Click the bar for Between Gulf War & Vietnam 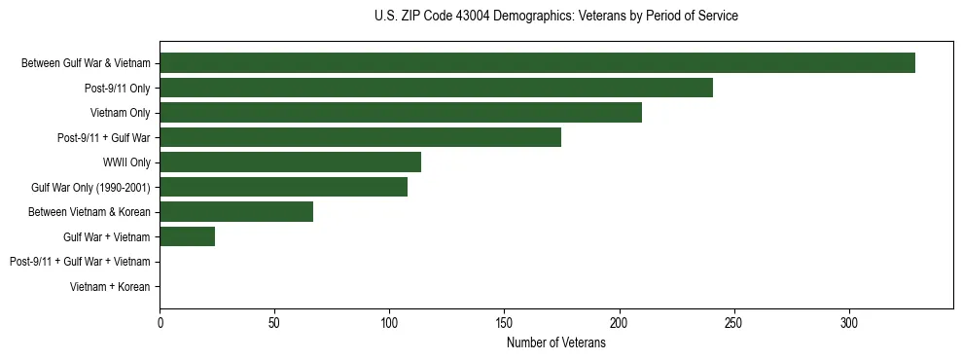[x=537, y=63]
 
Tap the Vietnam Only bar [x=401, y=113]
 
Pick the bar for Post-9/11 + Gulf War [x=360, y=137]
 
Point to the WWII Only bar [x=290, y=162]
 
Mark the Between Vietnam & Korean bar [x=236, y=212]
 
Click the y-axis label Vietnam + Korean [x=110, y=287]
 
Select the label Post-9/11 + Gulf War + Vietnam [x=80, y=262]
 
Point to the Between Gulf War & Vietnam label [x=86, y=63]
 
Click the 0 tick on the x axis [x=160, y=322]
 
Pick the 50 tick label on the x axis [x=274, y=322]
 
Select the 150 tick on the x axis [x=504, y=322]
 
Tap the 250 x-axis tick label [x=733, y=322]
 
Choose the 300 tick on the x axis [x=848, y=322]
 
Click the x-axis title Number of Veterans [x=555, y=342]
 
